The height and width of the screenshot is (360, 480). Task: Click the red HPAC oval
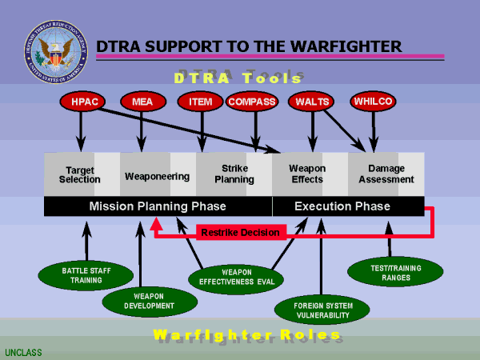coord(81,102)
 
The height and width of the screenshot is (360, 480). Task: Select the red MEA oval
coord(141,102)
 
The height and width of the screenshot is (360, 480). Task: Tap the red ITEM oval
coord(200,102)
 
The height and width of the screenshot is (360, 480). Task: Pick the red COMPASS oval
coord(253,102)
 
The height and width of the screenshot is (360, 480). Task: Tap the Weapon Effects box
coord(306,174)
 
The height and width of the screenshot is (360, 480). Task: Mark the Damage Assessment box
coord(386,174)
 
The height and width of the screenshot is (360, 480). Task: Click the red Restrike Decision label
coord(241,233)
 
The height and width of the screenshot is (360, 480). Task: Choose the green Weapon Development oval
coord(150,302)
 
